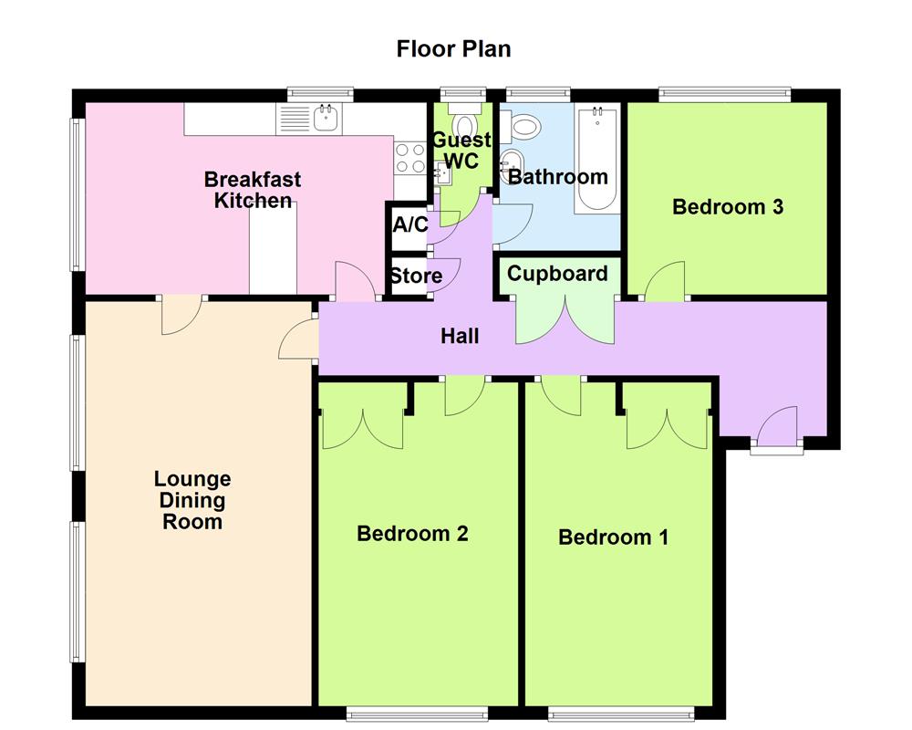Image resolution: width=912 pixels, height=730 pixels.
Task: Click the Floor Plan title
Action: pyautogui.click(x=453, y=48)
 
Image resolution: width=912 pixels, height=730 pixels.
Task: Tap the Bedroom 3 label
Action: pyautogui.click(x=727, y=207)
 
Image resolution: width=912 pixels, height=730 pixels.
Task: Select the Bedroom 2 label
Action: pyautogui.click(x=412, y=534)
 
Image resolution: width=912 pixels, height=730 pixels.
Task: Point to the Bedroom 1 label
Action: pyautogui.click(x=613, y=537)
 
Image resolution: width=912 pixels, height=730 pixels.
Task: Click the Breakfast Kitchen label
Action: pyautogui.click(x=253, y=190)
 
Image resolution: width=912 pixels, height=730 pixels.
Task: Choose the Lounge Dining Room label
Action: pyautogui.click(x=192, y=500)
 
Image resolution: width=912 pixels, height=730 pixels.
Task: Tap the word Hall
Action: pyautogui.click(x=460, y=337)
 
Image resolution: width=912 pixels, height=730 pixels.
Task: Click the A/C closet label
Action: pyautogui.click(x=409, y=224)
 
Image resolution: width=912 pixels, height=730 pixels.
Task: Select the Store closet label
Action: pyautogui.click(x=416, y=276)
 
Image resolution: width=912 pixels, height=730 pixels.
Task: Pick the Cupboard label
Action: pyautogui.click(x=557, y=274)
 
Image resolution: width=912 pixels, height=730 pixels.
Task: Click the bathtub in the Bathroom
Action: pyautogui.click(x=596, y=161)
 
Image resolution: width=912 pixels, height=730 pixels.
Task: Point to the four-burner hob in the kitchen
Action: pyautogui.click(x=409, y=159)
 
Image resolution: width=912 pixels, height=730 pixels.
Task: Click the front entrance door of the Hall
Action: pyautogui.click(x=776, y=426)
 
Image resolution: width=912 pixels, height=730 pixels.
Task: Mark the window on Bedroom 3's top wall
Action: pyautogui.click(x=724, y=92)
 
